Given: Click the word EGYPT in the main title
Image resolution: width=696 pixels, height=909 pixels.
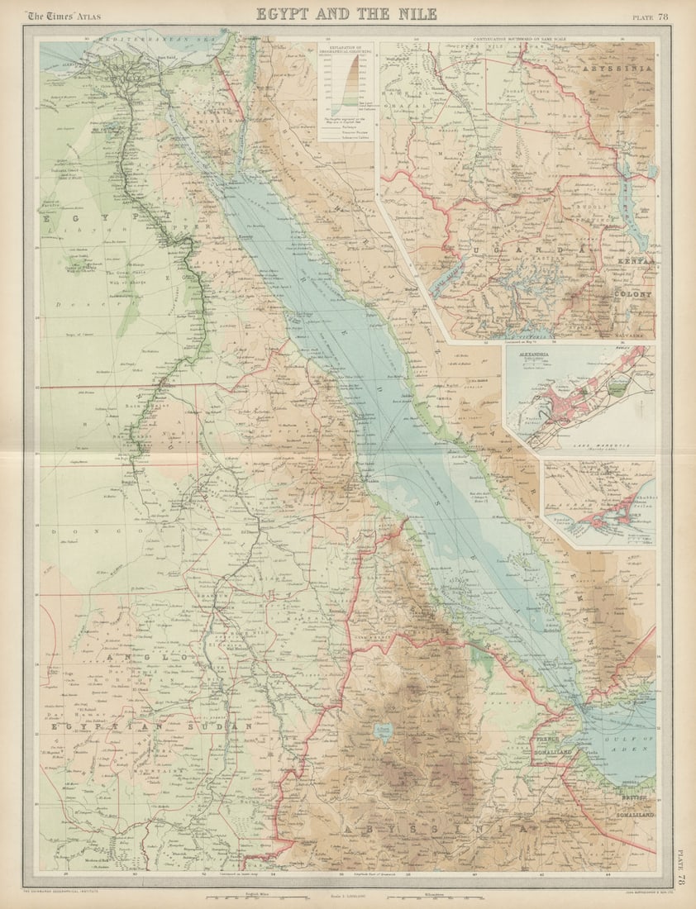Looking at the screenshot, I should (286, 13).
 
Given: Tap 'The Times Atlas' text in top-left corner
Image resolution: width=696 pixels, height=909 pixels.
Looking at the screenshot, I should (58, 15).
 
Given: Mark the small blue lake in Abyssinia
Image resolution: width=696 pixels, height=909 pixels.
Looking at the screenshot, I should (382, 731).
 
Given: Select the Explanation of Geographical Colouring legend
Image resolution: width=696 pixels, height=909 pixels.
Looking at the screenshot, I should (346, 91).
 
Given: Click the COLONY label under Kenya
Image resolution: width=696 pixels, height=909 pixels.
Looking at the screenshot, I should (632, 293).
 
